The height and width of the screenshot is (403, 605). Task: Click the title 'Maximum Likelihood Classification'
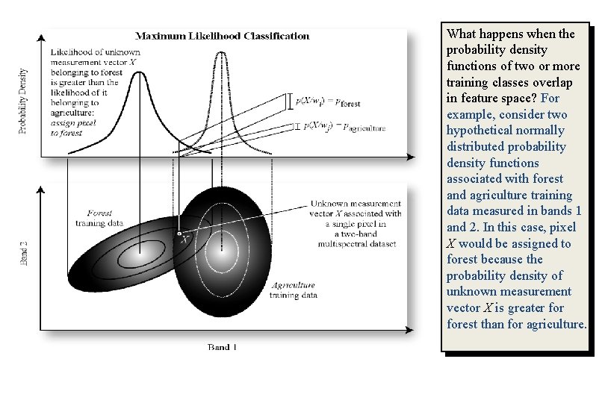click(x=222, y=36)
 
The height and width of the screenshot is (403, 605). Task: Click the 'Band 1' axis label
click(x=223, y=346)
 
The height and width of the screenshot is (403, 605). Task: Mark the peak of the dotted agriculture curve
click(x=221, y=54)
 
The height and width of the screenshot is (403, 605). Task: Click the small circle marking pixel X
click(x=179, y=233)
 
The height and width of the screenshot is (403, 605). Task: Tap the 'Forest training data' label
click(x=100, y=218)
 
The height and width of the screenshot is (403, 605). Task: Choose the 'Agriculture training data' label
click(x=294, y=290)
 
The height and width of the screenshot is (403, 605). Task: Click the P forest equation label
click(x=328, y=102)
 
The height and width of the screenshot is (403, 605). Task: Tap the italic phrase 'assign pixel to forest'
click(x=77, y=128)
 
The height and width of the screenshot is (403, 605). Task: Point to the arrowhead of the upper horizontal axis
click(x=409, y=157)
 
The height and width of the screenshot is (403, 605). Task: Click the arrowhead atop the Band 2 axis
click(x=40, y=190)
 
